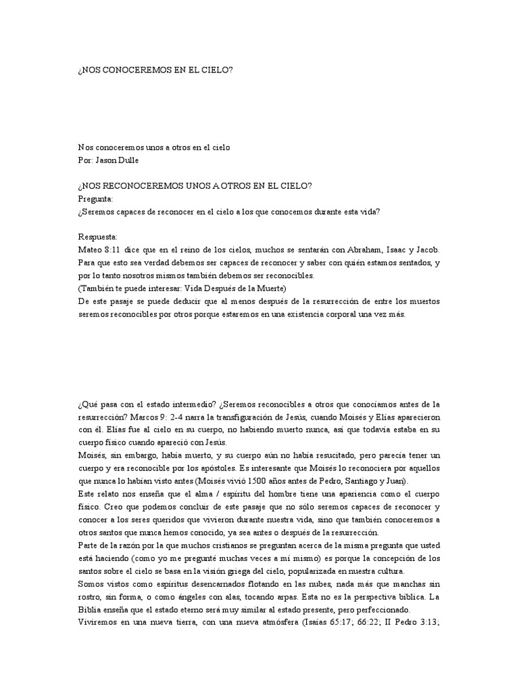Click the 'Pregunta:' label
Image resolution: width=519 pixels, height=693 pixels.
96,199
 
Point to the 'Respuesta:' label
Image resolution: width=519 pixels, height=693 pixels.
98,237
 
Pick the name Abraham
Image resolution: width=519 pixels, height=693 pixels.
364,250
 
